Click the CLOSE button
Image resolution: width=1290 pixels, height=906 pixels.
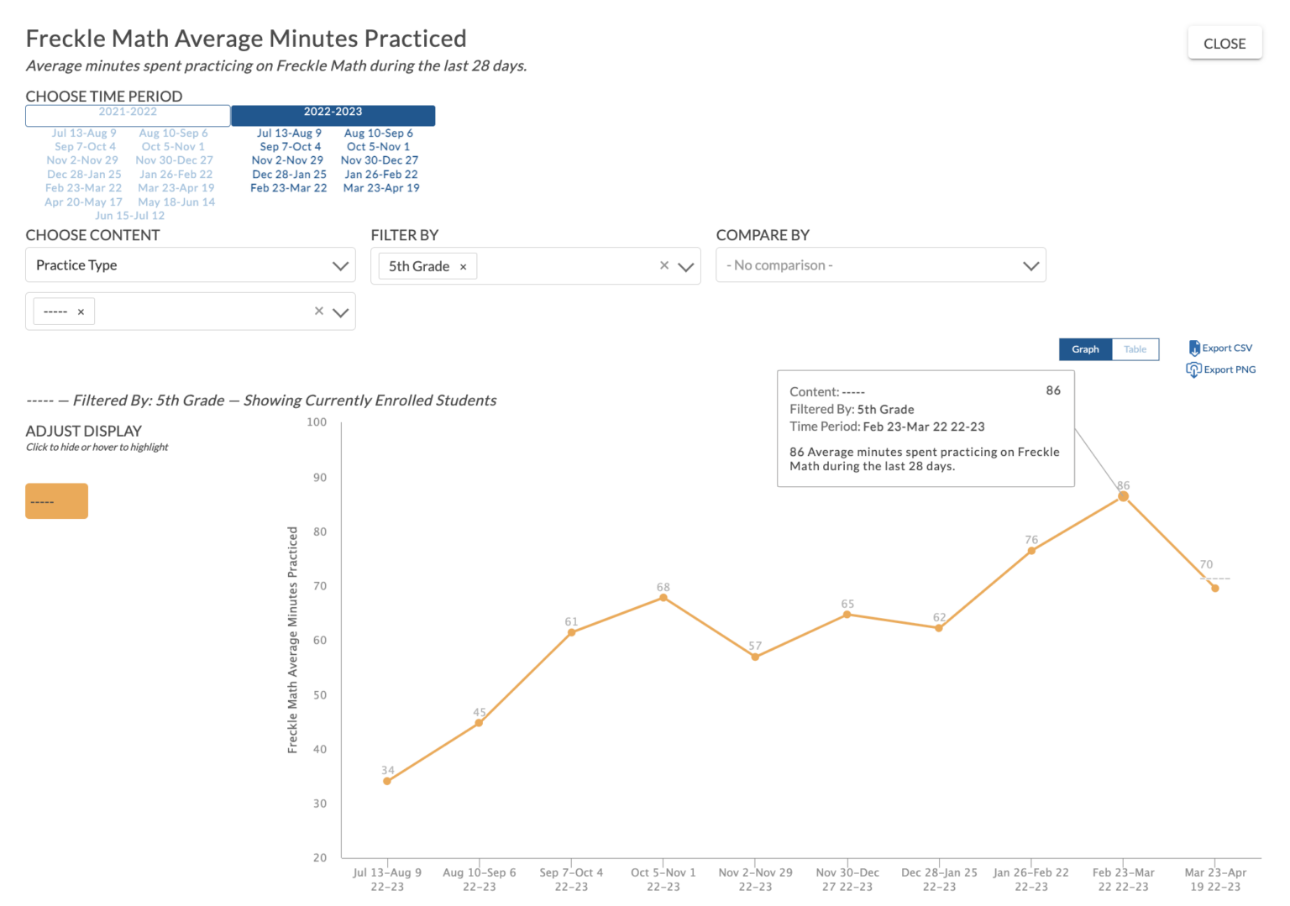pos(1224,44)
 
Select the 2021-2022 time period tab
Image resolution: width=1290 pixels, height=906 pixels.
pos(128,113)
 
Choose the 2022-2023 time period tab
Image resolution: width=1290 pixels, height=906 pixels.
pos(333,113)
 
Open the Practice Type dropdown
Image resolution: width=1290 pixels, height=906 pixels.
pos(191,265)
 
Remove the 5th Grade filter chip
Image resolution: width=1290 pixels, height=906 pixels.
pos(463,267)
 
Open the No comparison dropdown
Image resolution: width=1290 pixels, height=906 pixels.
pos(880,265)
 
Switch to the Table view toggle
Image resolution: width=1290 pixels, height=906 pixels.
pos(1135,349)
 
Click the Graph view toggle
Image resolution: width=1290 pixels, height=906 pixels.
pos(1085,349)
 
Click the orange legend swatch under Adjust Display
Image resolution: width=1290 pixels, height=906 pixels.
pos(56,501)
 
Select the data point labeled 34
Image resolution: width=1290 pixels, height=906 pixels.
pos(387,781)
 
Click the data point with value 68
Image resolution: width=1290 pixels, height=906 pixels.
pos(663,597)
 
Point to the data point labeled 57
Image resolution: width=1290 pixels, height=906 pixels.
pos(755,657)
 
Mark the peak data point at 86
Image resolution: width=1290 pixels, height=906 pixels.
pos(1123,496)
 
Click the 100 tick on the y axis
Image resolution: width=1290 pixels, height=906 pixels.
pos(317,422)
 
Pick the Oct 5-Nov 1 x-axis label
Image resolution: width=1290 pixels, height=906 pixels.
pos(663,879)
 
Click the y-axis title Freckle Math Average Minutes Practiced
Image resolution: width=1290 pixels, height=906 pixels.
pos(292,640)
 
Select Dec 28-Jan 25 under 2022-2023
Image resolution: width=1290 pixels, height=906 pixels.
pos(289,175)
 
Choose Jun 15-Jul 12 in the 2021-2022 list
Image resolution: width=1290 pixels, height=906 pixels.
pos(129,216)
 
